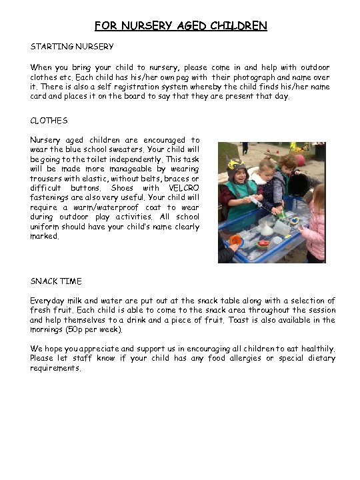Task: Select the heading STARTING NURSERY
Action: coord(72,47)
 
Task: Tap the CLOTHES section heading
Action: coord(49,121)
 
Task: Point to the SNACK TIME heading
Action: coord(56,281)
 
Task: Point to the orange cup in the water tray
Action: coord(235,240)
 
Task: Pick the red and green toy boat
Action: coord(263,244)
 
